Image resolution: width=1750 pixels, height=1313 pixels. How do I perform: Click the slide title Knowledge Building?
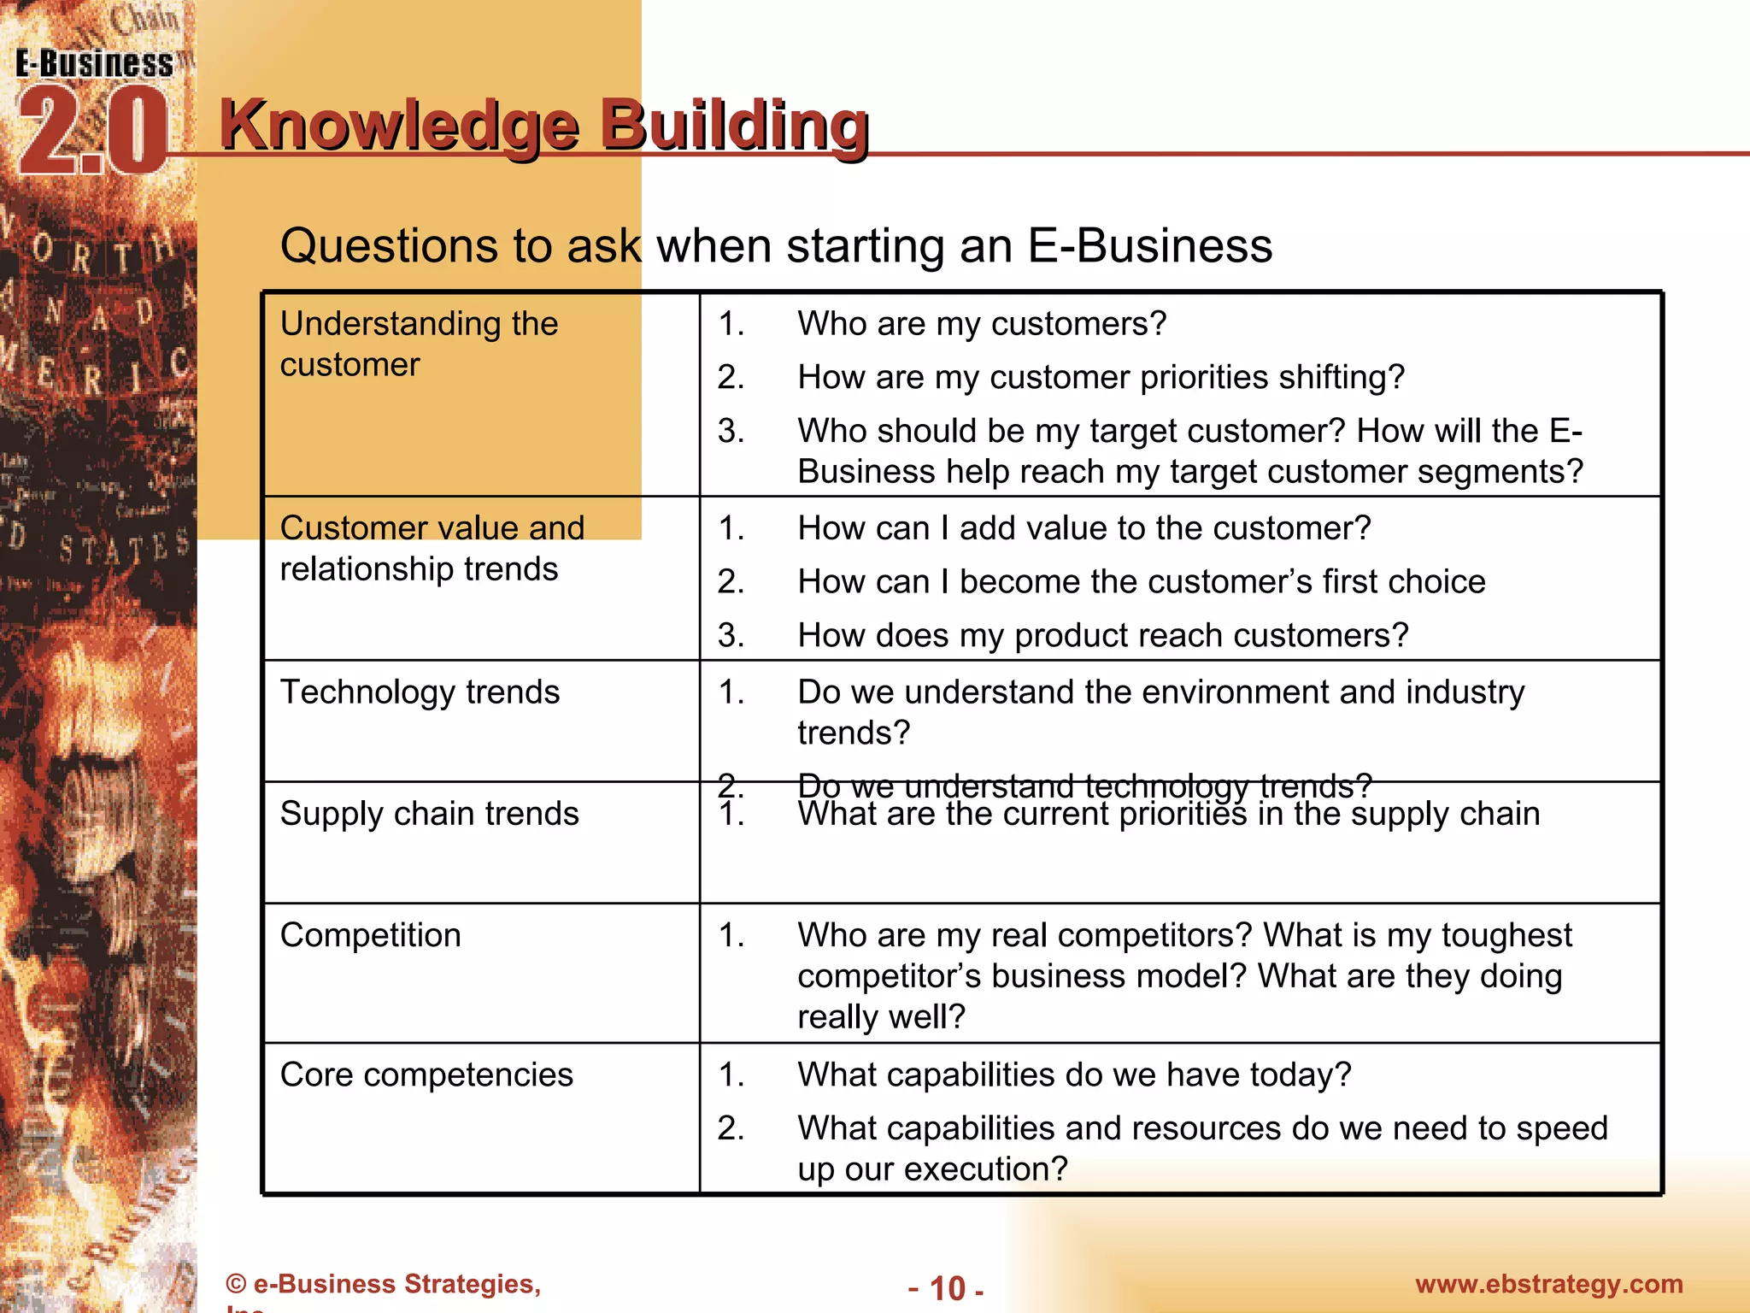tap(544, 126)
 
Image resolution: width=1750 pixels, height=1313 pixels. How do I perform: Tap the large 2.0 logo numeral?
tap(92, 132)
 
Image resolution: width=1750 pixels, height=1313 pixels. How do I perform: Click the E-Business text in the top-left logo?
tap(94, 64)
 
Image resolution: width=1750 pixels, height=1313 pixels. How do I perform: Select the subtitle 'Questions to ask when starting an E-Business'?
tap(776, 246)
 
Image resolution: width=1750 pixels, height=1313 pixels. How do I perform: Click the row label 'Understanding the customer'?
tap(419, 344)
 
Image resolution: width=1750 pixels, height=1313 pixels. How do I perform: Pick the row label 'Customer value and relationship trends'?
tap(432, 548)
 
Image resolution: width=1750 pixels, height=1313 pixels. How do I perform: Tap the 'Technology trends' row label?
tap(420, 692)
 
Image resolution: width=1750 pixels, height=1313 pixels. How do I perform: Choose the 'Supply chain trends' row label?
tap(429, 813)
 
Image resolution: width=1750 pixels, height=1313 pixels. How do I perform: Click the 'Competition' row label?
tap(370, 935)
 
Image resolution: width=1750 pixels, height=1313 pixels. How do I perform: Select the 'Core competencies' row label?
tap(426, 1075)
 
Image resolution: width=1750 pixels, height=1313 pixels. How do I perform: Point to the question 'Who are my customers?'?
tap(982, 324)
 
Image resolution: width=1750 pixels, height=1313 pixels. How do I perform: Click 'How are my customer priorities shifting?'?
tap(1101, 377)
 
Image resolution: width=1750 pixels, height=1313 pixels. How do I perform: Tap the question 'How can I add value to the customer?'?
tap(1083, 528)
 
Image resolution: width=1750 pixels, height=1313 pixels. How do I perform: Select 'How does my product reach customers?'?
tap(1102, 635)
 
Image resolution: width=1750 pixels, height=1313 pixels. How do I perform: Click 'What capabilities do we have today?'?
tap(1074, 1075)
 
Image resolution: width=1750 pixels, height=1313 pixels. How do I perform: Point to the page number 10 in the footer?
tap(947, 1288)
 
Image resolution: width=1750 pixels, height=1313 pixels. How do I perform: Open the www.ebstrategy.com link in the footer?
tap(1548, 1284)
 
